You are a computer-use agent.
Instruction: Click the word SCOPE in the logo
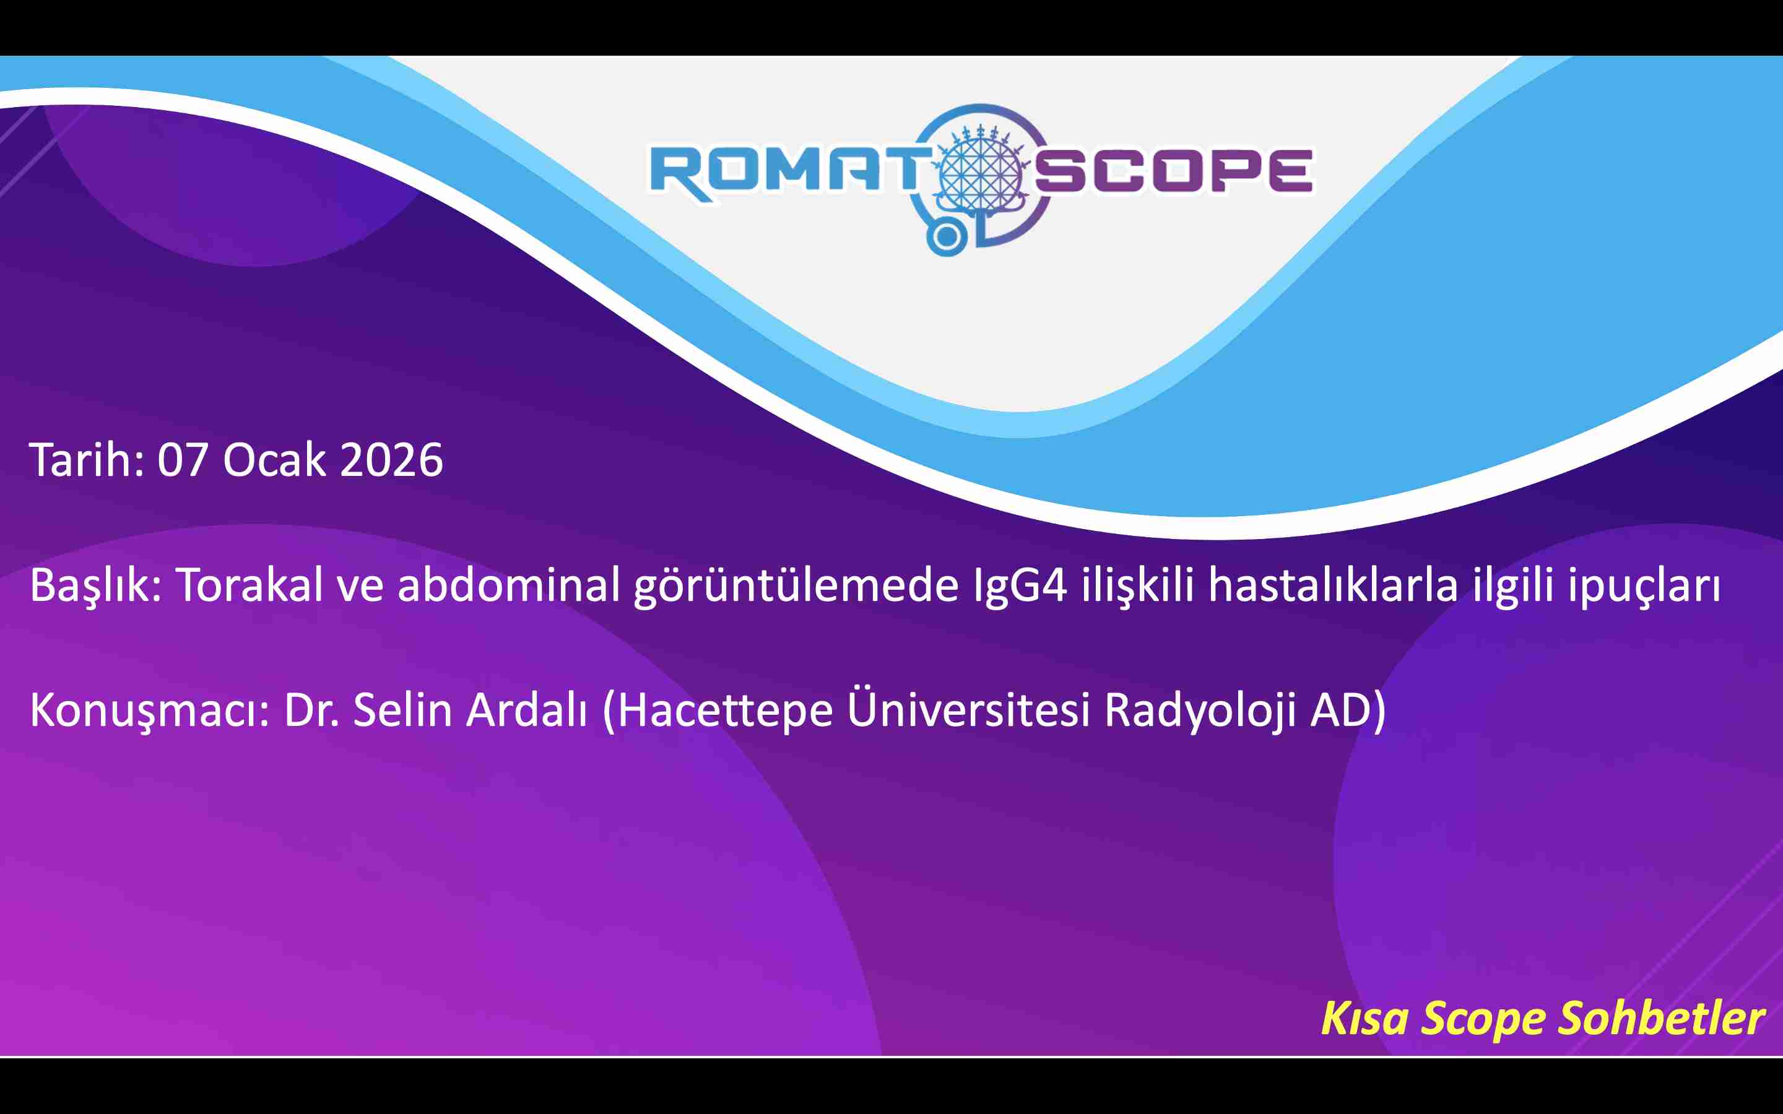pos(1174,171)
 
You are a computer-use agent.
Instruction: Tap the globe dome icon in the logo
pos(979,170)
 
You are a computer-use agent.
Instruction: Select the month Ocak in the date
pos(274,460)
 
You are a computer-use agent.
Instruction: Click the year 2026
pos(391,460)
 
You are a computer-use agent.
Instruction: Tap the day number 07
pos(182,460)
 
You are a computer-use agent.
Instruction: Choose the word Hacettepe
pos(725,711)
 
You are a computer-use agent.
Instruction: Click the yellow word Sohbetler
pos(1662,1018)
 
